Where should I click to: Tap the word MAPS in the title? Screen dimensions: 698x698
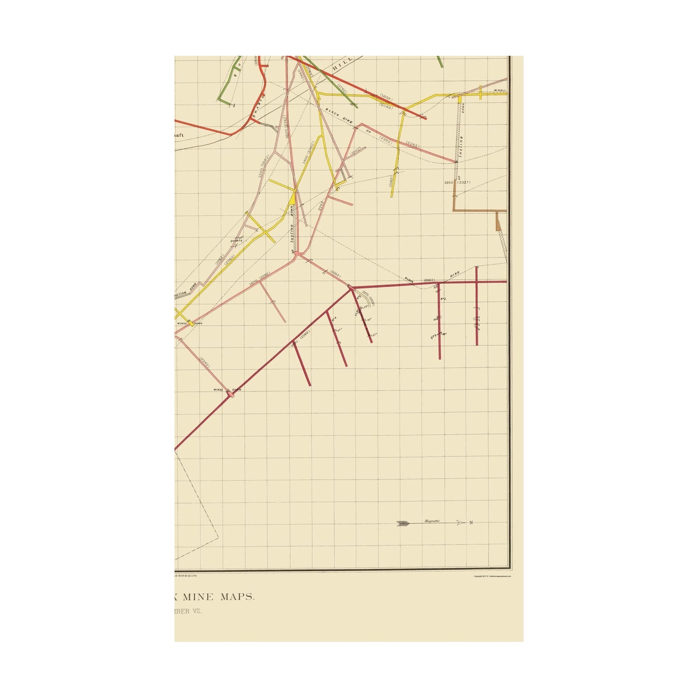tap(237, 597)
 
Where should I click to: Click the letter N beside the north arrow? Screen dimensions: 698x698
tap(471, 523)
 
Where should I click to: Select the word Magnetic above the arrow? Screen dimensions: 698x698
tap(432, 521)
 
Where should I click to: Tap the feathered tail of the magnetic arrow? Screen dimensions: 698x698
tap(402, 523)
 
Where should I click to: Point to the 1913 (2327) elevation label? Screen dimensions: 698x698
tap(456, 183)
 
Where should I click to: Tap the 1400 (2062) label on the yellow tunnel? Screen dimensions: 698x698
tap(308, 153)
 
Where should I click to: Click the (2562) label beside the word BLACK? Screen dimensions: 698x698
tap(429, 280)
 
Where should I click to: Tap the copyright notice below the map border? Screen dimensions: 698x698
tap(492, 576)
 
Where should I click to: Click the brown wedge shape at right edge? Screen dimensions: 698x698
tap(499, 223)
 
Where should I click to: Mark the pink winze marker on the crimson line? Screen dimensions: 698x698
tap(231, 394)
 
